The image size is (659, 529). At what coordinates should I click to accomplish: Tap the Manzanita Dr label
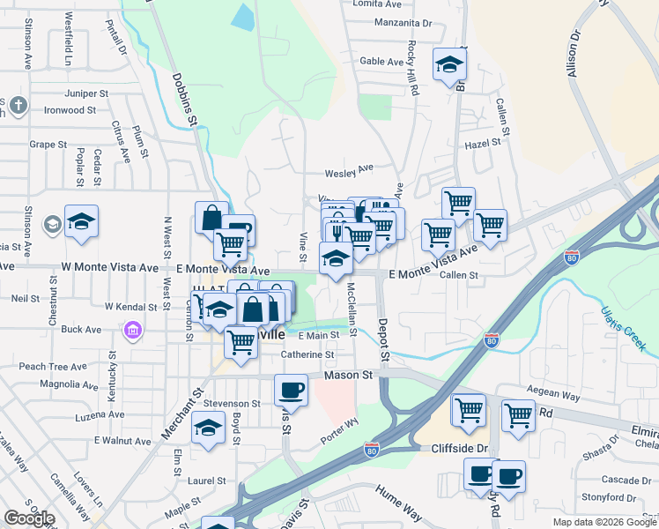[404, 23]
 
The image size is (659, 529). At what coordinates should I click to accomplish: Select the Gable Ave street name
[381, 62]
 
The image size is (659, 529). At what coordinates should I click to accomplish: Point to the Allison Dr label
[575, 56]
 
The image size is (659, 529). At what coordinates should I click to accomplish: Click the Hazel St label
[483, 141]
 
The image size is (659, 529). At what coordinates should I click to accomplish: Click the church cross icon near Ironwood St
[19, 107]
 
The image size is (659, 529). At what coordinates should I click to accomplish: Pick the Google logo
[29, 518]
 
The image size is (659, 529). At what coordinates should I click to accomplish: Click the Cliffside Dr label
[459, 448]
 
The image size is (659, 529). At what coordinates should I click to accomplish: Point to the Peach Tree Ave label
[53, 367]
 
